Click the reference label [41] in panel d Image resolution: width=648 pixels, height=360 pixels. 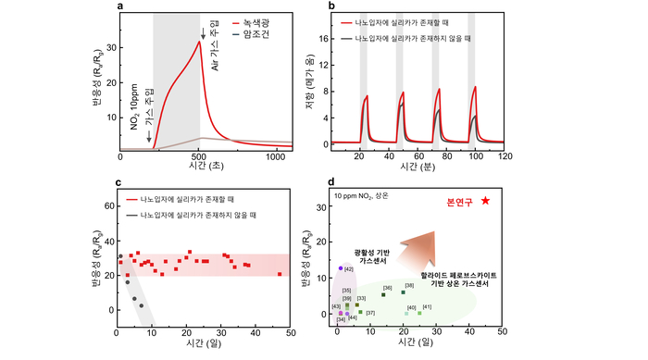pyautogui.click(x=427, y=306)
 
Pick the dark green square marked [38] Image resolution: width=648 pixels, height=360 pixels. pyautogui.click(x=403, y=292)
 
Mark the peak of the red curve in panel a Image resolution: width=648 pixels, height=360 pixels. pyautogui.click(x=200, y=41)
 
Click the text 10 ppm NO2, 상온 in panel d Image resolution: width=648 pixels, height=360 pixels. pyautogui.click(x=368, y=197)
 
